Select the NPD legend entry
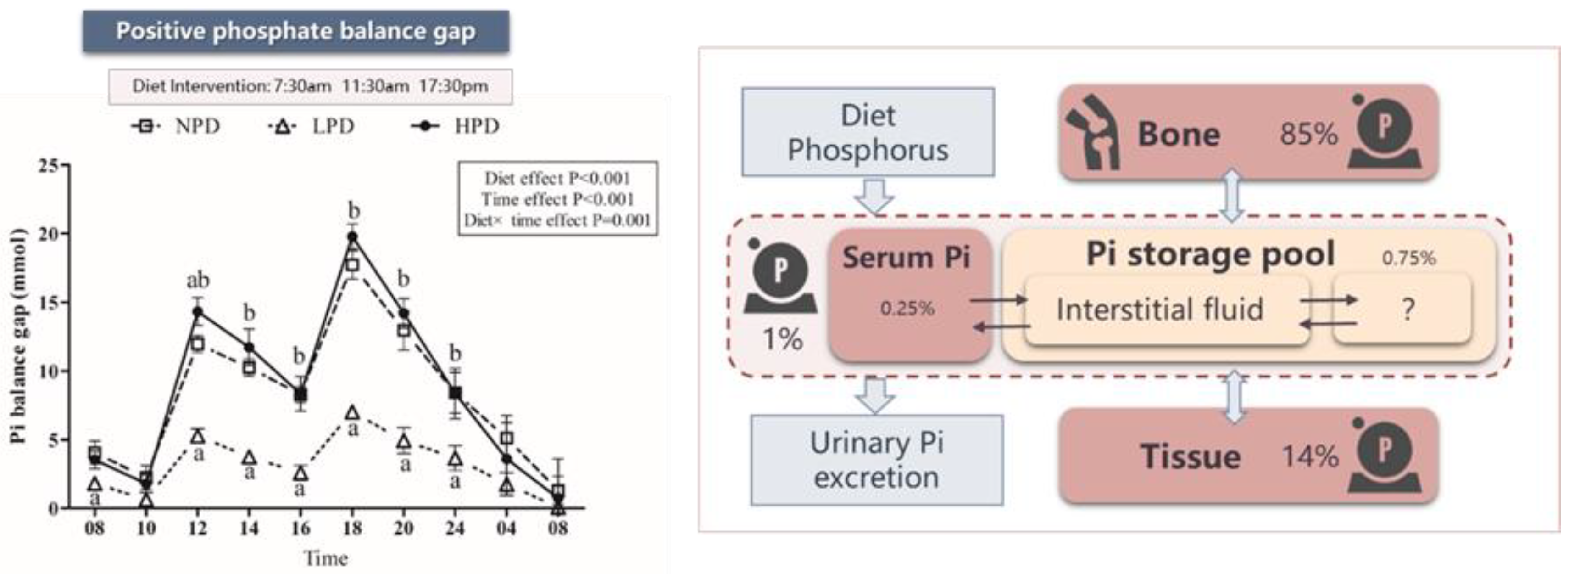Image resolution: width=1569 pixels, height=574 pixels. coord(177,126)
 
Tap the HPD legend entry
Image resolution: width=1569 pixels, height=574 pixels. coord(457,126)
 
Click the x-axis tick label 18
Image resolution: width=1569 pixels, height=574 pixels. coord(352,528)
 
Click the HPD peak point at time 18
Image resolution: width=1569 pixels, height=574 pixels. coord(352,237)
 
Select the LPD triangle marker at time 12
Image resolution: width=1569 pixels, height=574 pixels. coord(197,436)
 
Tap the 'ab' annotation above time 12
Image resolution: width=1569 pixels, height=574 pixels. coord(197,280)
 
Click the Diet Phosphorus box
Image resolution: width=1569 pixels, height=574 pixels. coord(868,132)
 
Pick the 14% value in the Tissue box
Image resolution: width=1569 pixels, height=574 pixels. coord(1309,456)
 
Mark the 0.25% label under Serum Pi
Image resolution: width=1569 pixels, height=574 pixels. coord(907,308)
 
